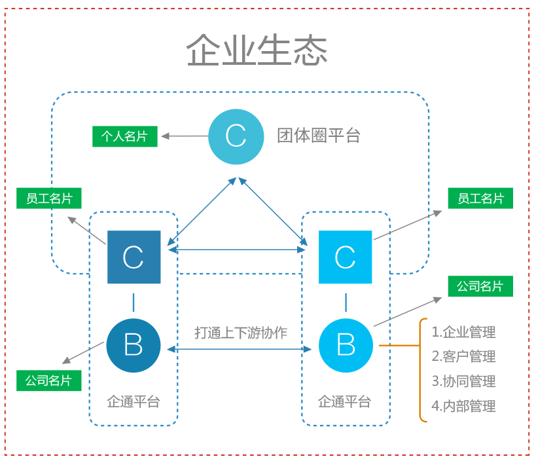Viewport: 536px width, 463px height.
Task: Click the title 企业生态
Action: point(257,50)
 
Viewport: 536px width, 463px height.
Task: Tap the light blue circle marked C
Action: point(236,136)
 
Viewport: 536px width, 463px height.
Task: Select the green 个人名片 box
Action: point(125,136)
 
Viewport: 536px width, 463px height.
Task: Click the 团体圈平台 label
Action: point(319,136)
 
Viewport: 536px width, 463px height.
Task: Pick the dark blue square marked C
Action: point(134,257)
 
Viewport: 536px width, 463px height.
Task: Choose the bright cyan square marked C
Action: point(346,257)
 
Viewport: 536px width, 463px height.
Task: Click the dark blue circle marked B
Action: point(134,345)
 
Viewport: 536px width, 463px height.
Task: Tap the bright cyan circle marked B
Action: point(346,345)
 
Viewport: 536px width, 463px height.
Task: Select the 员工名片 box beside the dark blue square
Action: point(49,198)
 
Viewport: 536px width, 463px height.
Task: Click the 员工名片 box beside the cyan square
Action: point(480,198)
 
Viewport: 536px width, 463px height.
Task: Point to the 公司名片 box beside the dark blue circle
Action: point(49,380)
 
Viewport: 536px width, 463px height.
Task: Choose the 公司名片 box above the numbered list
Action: point(480,286)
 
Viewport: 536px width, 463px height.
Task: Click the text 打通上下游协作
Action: point(241,333)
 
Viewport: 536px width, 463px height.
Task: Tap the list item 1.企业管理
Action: point(463,332)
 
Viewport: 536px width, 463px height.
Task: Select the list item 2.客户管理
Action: point(463,356)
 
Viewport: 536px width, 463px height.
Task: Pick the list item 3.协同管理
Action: point(463,381)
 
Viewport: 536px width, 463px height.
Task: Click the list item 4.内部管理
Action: point(463,406)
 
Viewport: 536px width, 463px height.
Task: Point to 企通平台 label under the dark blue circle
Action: point(134,402)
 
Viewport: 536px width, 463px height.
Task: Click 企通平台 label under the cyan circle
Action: point(344,402)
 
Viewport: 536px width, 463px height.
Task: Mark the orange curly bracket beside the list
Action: point(420,370)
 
